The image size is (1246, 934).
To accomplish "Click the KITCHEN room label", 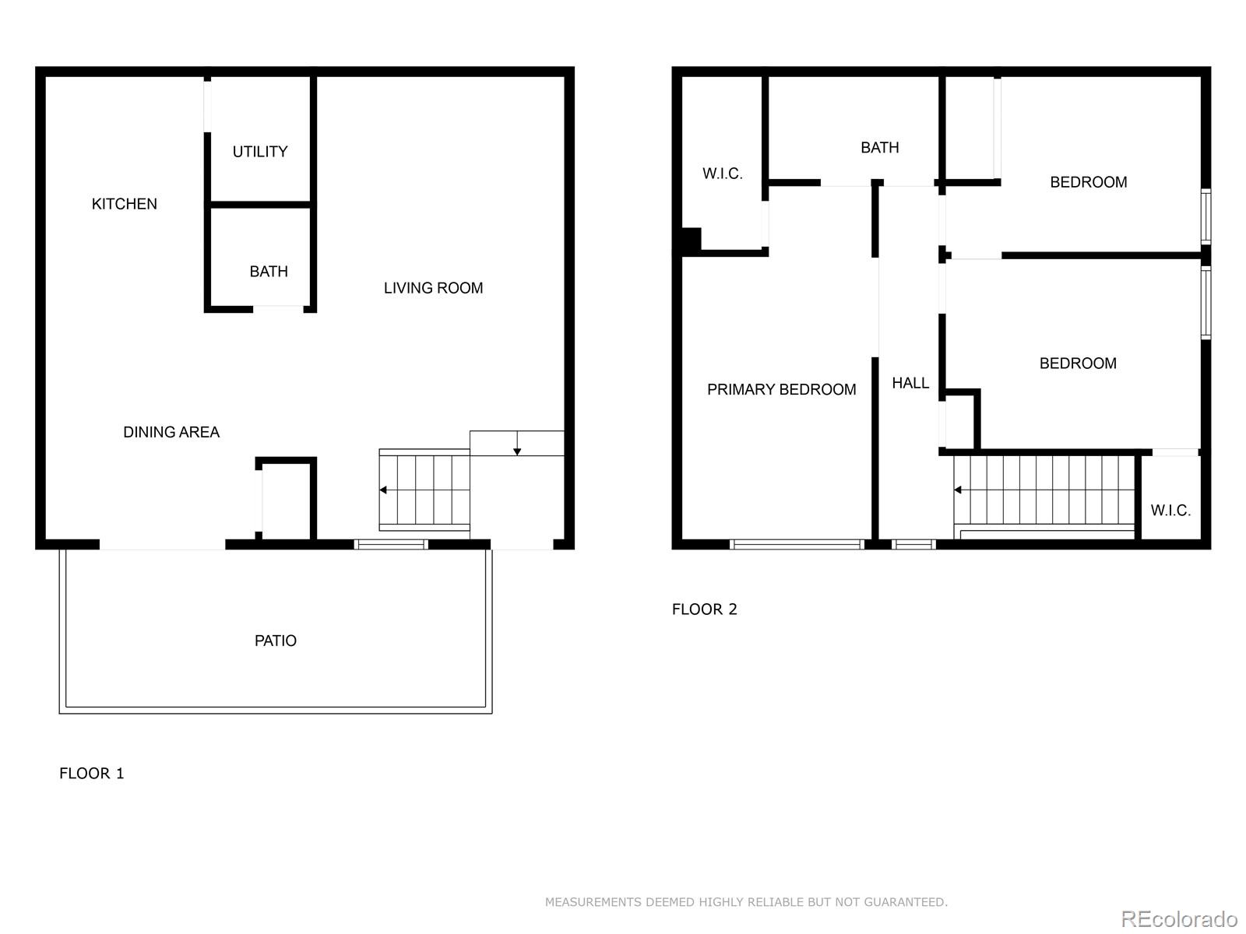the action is click(125, 204).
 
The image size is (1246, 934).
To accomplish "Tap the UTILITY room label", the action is click(260, 152).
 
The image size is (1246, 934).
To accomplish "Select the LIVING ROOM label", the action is click(433, 288).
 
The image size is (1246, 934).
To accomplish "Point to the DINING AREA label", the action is click(171, 432).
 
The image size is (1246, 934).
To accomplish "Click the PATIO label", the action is click(276, 641).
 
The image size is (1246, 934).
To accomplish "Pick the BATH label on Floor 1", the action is click(269, 272).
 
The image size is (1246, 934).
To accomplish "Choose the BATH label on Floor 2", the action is click(880, 147).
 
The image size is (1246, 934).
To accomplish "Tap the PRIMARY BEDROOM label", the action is click(782, 390).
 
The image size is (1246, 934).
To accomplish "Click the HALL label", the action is click(910, 384).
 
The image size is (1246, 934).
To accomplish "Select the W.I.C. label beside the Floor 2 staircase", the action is click(1170, 511).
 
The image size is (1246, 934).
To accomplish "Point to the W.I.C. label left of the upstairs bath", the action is click(723, 174).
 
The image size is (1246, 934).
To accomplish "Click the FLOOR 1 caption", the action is click(91, 774).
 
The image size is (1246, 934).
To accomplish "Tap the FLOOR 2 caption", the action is click(705, 609).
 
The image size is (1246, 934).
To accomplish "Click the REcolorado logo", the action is click(1179, 918).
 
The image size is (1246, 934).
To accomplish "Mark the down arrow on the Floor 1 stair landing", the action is click(517, 443).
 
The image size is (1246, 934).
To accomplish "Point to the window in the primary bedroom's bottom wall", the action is click(797, 544).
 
